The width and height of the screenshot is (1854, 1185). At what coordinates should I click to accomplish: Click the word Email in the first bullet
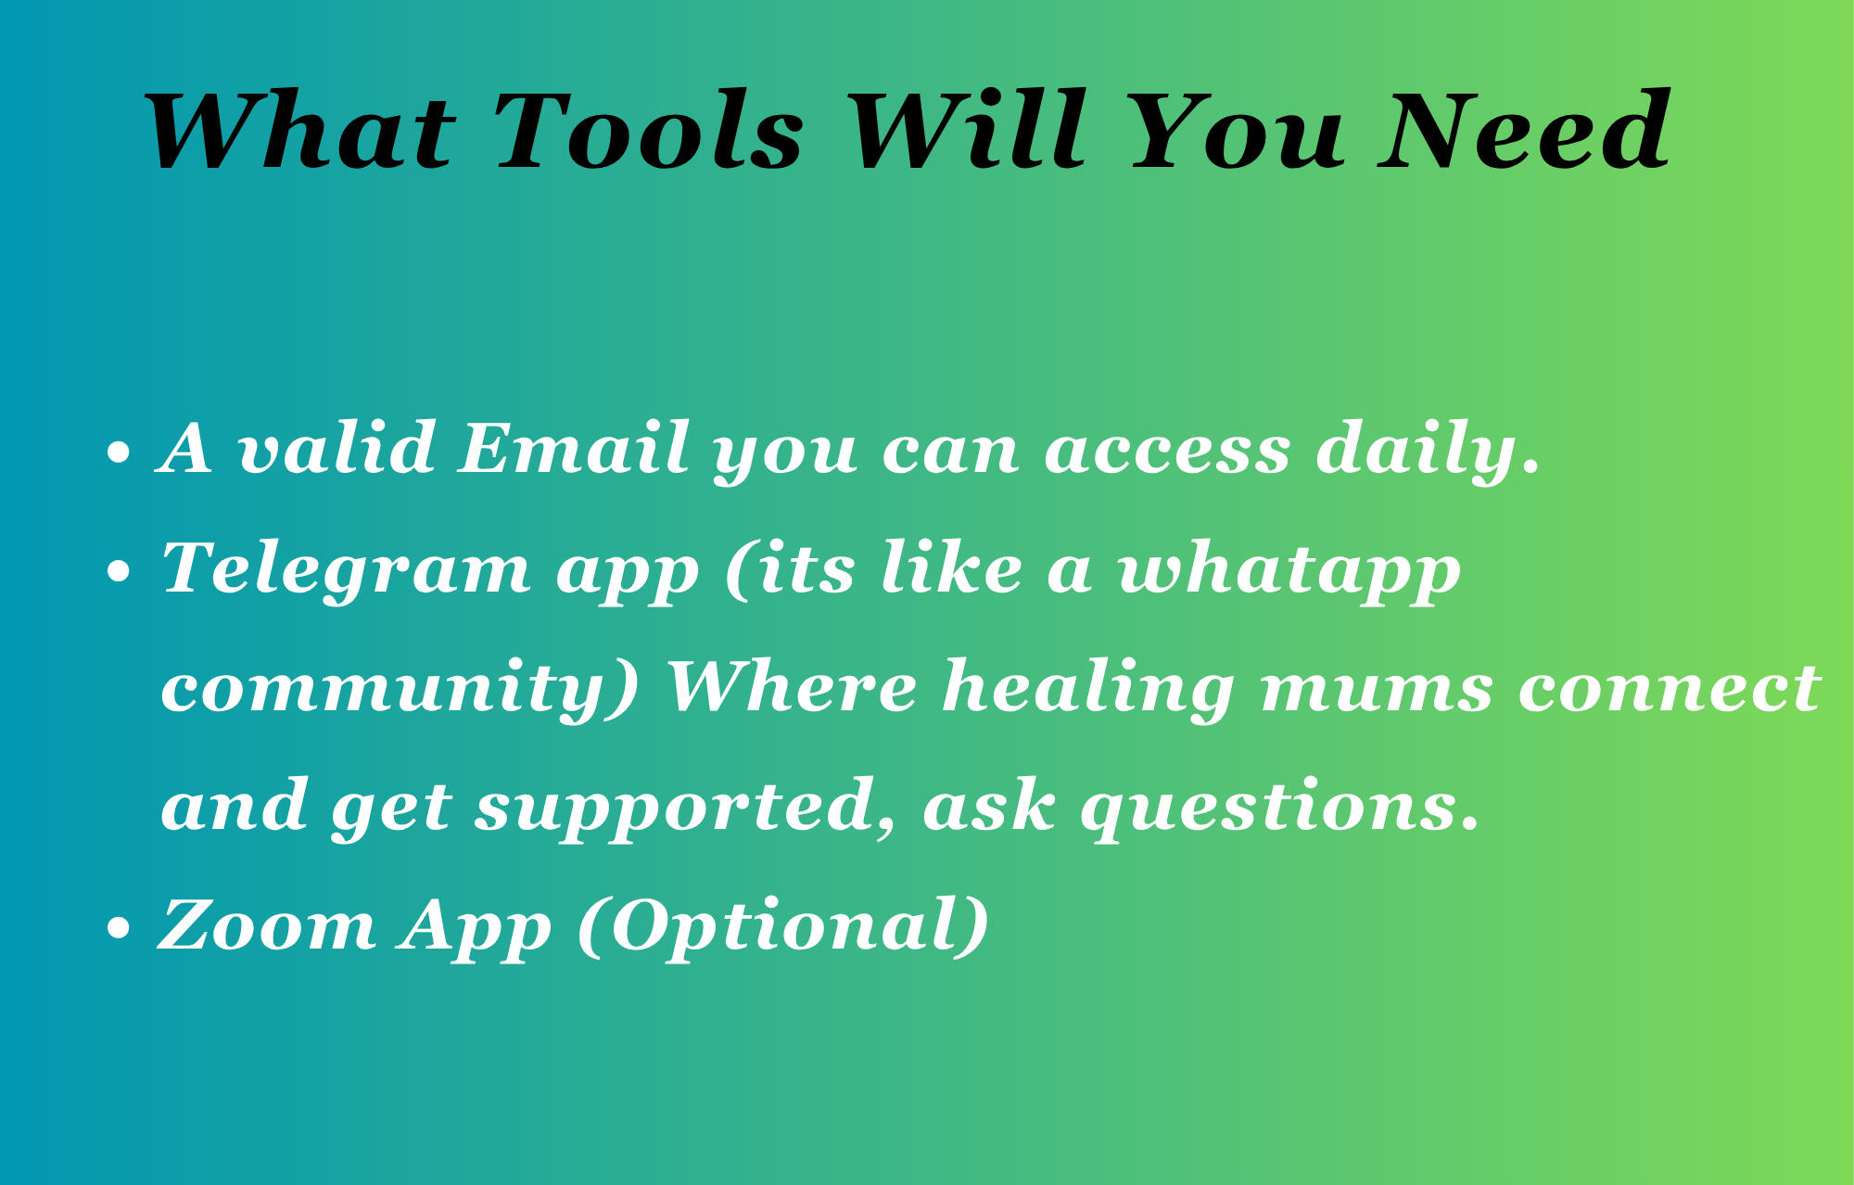click(x=574, y=448)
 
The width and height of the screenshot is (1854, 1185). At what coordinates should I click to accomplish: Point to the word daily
click(x=1429, y=451)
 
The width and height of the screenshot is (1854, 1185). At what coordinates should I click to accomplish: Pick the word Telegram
click(x=346, y=569)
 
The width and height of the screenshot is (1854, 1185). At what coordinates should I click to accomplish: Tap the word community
click(x=400, y=690)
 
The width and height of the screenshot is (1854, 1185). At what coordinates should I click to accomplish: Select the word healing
click(x=1088, y=690)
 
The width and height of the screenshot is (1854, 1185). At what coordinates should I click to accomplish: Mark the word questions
click(x=1280, y=809)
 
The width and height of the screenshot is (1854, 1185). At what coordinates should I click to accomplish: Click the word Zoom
click(x=268, y=924)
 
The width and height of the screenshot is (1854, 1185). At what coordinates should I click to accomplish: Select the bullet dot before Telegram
click(x=119, y=573)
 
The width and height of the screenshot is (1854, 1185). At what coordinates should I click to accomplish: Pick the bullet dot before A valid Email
click(x=119, y=453)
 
